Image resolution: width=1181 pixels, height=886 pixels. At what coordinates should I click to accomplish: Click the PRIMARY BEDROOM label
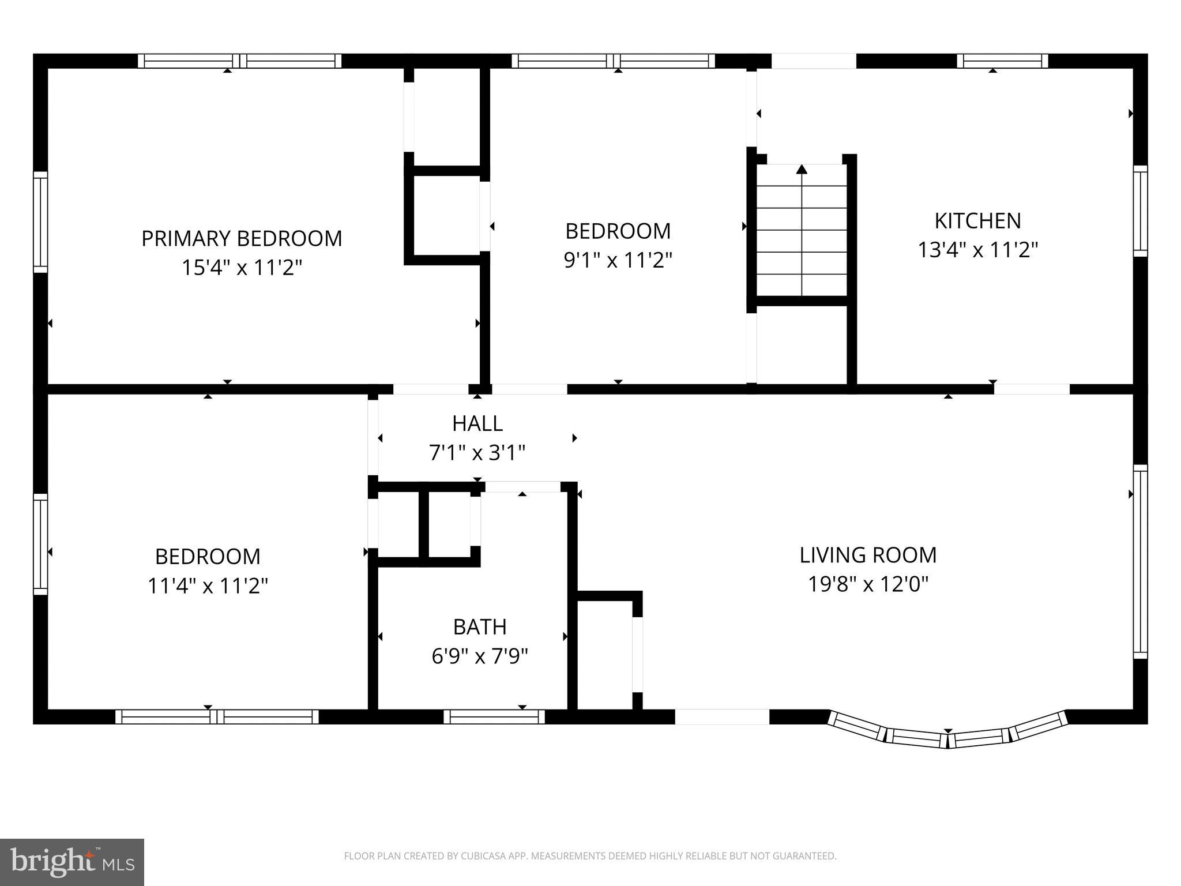tap(242, 238)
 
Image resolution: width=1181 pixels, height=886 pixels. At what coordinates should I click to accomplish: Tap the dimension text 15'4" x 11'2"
tap(242, 268)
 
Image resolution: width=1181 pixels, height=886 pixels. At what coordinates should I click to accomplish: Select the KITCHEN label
tap(977, 220)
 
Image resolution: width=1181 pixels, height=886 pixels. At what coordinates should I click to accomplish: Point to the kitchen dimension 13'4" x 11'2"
tap(977, 250)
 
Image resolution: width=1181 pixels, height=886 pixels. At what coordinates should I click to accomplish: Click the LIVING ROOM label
tap(867, 555)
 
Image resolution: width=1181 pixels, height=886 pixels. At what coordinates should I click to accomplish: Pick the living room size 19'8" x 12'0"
tap(867, 584)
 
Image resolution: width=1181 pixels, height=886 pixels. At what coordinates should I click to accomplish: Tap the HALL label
tap(477, 423)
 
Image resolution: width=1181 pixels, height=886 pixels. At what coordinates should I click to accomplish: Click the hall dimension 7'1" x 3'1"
tap(477, 453)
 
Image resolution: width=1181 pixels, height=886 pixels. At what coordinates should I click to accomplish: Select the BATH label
tap(479, 626)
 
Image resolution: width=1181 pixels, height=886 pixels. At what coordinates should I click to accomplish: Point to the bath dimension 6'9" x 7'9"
tap(479, 656)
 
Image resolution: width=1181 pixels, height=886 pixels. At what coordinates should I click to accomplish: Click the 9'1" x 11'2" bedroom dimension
tap(618, 260)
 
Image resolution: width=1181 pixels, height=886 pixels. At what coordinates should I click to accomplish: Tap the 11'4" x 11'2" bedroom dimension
tap(208, 586)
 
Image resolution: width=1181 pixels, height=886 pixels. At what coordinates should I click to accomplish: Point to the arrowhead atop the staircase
tap(802, 169)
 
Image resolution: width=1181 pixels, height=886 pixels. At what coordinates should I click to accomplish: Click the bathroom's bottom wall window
tap(494, 716)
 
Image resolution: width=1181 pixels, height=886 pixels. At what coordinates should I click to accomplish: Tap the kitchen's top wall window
tap(1002, 61)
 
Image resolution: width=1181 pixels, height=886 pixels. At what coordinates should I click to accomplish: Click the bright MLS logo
tap(72, 862)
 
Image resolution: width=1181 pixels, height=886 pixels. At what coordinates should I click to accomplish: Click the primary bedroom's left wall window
tap(40, 222)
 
